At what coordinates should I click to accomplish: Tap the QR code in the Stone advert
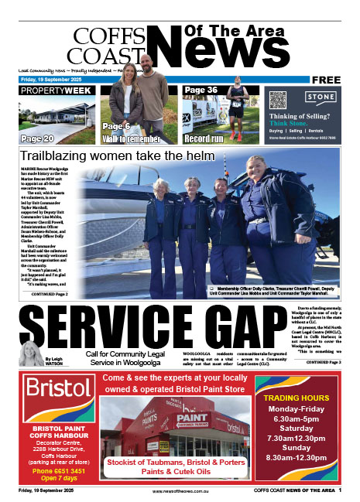279,101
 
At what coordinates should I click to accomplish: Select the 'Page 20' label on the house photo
38,138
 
